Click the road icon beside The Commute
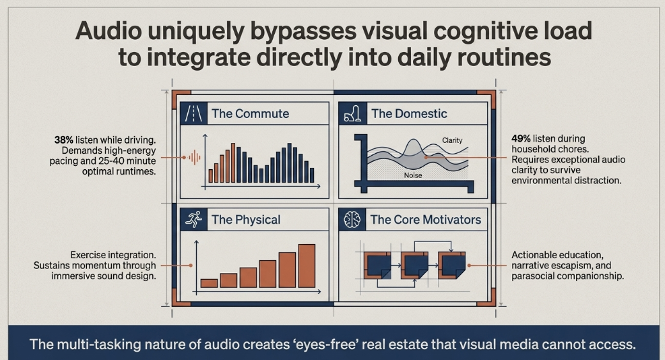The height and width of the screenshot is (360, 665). tap(194, 113)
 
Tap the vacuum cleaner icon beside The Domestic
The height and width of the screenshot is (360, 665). tap(352, 113)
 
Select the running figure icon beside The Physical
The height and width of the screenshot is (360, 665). tap(194, 220)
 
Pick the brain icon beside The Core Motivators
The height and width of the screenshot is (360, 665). tap(352, 220)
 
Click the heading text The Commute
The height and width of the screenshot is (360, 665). tap(250, 113)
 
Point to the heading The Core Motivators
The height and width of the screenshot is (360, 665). tap(425, 220)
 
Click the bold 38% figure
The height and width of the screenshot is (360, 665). tap(63, 140)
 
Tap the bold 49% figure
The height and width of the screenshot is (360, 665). tap(521, 138)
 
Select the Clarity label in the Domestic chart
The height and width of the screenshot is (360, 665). tap(452, 140)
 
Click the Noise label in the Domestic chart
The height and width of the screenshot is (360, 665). tap(413, 175)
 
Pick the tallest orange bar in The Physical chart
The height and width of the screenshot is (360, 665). tap(307, 266)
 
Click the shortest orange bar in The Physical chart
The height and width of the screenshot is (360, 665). tap(209, 283)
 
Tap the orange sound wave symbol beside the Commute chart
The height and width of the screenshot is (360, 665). tap(194, 157)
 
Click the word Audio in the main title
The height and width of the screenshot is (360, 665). tap(108, 30)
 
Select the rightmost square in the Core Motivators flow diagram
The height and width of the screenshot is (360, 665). tap(451, 265)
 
